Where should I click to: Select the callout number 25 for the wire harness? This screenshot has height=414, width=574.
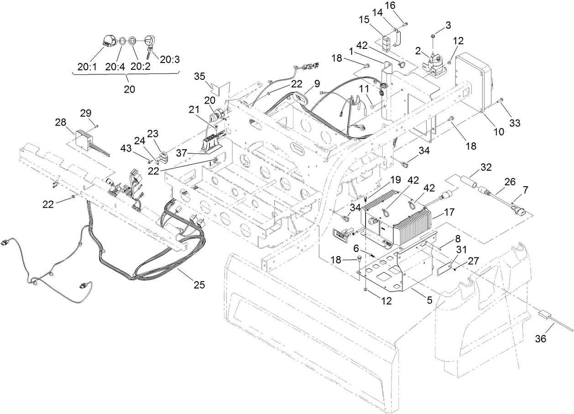pyautogui.click(x=198, y=285)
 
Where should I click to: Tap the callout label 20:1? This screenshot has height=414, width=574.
pyautogui.click(x=87, y=67)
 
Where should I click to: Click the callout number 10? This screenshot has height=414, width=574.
pyautogui.click(x=499, y=131)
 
